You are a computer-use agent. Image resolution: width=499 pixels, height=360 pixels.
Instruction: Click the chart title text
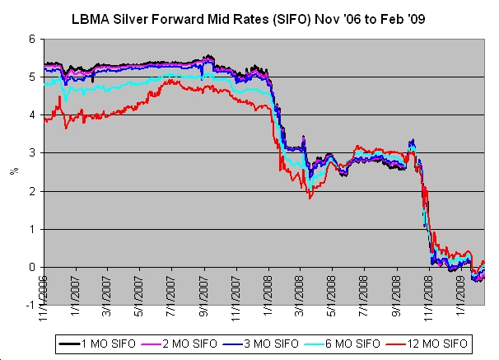tap(252, 16)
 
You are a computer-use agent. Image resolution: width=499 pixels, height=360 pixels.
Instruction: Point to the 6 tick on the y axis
tap(34, 39)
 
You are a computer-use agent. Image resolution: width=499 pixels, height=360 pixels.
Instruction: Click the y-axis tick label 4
tap(34, 115)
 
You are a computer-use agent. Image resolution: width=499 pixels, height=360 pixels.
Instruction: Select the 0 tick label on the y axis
tap(34, 267)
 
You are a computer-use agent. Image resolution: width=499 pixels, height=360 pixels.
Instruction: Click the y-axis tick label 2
tap(34, 191)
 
